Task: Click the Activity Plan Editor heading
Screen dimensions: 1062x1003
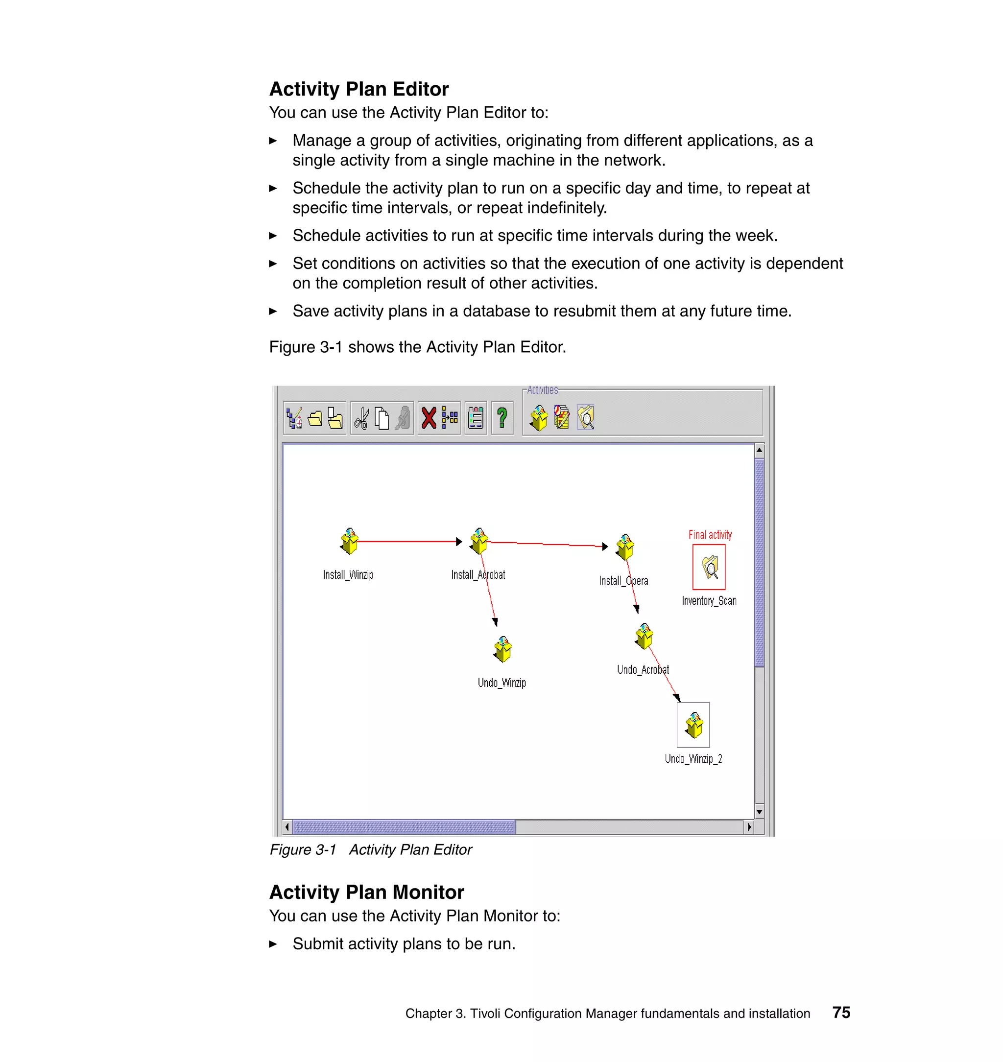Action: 359,89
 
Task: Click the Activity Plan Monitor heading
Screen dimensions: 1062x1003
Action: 366,893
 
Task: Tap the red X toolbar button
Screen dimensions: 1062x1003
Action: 428,418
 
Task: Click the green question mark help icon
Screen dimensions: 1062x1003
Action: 501,418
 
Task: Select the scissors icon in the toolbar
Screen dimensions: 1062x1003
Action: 361,418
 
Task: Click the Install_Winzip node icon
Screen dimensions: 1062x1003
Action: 349,541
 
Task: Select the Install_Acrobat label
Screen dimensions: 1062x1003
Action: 478,575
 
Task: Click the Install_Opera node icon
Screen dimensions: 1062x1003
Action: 624,547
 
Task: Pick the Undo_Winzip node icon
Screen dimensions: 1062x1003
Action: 502,649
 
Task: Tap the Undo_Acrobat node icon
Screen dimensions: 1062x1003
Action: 644,636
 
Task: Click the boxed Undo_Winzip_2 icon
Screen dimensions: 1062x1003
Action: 693,725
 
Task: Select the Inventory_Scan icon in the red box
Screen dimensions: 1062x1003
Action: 710,567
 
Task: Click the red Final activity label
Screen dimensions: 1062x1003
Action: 710,535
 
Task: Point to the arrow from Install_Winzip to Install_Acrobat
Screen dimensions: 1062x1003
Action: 406,542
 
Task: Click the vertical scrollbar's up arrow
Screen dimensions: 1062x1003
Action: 759,450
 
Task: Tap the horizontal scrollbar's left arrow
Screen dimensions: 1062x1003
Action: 287,827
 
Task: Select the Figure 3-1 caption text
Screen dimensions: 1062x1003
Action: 371,850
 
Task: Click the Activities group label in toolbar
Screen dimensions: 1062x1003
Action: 542,390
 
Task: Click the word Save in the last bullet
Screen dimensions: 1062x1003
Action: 310,311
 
